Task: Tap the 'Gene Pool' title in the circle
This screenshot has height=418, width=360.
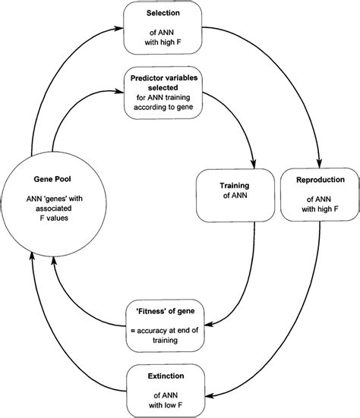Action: pyautogui.click(x=52, y=183)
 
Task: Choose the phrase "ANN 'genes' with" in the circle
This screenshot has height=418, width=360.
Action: pyautogui.click(x=52, y=201)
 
